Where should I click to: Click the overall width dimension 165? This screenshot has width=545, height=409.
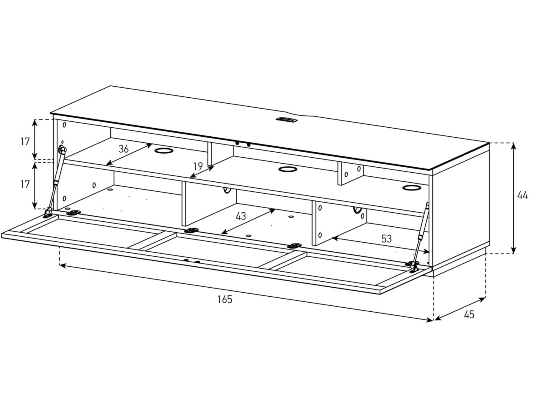[x=225, y=299]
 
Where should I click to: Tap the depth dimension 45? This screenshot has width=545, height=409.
[x=469, y=315]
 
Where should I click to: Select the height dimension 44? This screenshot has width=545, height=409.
[x=522, y=195]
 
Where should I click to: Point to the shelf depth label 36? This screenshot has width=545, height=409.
[x=123, y=149]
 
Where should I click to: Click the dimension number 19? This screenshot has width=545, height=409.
[x=198, y=166]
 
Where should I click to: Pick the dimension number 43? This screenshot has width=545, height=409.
[x=241, y=216]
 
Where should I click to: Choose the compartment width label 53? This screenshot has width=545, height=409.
[x=386, y=239]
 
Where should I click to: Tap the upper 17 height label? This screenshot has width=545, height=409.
[x=25, y=142]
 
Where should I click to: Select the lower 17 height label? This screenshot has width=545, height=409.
[x=25, y=184]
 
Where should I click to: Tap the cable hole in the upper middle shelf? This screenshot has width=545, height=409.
[x=288, y=169]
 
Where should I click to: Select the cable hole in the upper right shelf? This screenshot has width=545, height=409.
[x=411, y=188]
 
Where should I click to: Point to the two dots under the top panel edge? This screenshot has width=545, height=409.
[x=243, y=144]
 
